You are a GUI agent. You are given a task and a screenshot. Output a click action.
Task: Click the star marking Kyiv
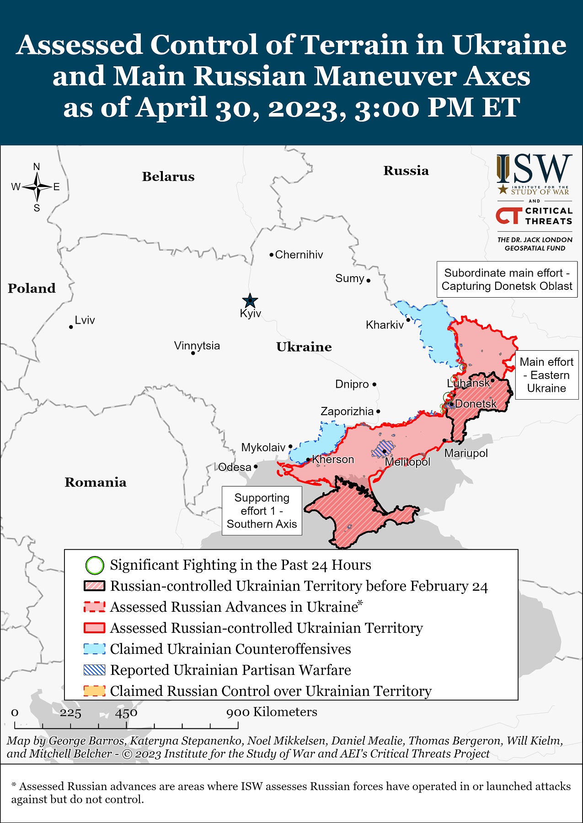[250, 301]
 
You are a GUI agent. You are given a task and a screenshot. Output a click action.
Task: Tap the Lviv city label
[85, 320]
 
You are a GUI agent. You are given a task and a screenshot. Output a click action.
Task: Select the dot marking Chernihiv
[271, 255]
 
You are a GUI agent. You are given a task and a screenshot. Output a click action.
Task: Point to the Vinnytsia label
[197, 346]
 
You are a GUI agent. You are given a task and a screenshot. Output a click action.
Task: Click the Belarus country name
[168, 176]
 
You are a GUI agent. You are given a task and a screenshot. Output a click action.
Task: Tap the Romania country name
[96, 482]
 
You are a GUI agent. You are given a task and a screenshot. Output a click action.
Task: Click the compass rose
[37, 187]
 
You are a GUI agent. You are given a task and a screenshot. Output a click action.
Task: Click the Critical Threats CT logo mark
[509, 216]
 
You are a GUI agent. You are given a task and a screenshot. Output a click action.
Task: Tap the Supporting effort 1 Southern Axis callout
[262, 511]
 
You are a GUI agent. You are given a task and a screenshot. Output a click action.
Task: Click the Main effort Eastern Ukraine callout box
[546, 375]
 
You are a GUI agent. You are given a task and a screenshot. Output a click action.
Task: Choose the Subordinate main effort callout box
[507, 279]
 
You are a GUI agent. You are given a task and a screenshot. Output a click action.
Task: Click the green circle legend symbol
[95, 565]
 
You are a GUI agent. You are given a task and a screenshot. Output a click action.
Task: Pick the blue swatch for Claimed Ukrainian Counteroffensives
[95, 649]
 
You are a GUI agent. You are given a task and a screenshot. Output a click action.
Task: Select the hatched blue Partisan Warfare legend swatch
[95, 670]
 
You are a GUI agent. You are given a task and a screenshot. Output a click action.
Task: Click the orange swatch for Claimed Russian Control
[95, 691]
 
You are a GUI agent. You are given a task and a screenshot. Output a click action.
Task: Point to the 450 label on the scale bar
[126, 713]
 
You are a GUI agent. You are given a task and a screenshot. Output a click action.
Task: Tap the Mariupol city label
[466, 453]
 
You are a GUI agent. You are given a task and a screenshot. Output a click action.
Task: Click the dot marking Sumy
[369, 280]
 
